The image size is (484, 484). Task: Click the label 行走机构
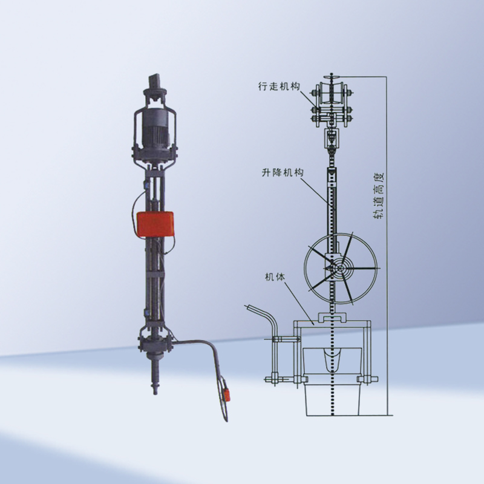[279, 87]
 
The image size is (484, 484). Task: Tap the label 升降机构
[283, 172]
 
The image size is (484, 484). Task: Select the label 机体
[275, 277]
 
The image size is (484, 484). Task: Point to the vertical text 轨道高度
[379, 195]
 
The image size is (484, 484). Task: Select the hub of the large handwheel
[340, 268]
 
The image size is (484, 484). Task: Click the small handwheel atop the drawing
[332, 77]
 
